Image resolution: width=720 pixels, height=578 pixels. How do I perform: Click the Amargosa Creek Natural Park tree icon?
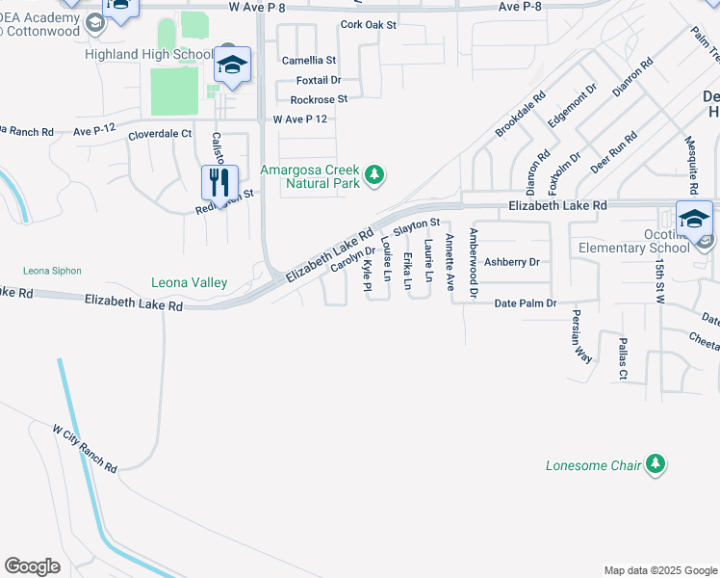coord(375,175)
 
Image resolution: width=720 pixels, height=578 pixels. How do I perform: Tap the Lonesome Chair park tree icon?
coord(656,465)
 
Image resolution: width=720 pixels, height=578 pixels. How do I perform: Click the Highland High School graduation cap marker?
coord(232,65)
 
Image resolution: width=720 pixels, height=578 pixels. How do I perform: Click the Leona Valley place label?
coord(189,282)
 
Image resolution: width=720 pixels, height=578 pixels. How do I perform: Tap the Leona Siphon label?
coord(52,271)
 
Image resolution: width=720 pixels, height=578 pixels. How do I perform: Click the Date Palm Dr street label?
coord(526,303)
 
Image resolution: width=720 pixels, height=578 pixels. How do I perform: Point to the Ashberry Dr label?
coord(511,261)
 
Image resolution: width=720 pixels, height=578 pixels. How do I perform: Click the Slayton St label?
coord(417,223)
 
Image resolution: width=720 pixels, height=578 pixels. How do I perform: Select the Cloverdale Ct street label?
coord(160,136)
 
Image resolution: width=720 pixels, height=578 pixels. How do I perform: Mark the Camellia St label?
coord(308,60)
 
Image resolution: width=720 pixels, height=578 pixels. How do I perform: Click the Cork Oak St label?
coord(368,25)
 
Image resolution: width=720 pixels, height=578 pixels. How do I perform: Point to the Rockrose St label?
coord(319,98)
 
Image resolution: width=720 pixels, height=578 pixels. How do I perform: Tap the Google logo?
coord(32,566)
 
